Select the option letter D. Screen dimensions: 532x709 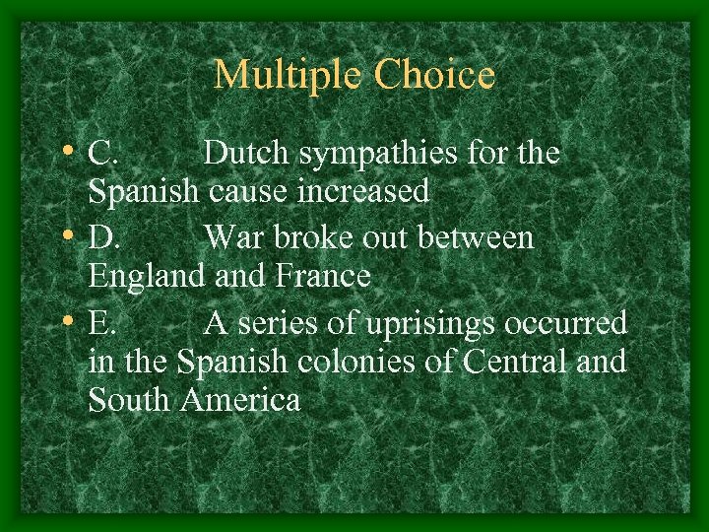tap(103, 238)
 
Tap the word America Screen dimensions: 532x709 tap(240, 400)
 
